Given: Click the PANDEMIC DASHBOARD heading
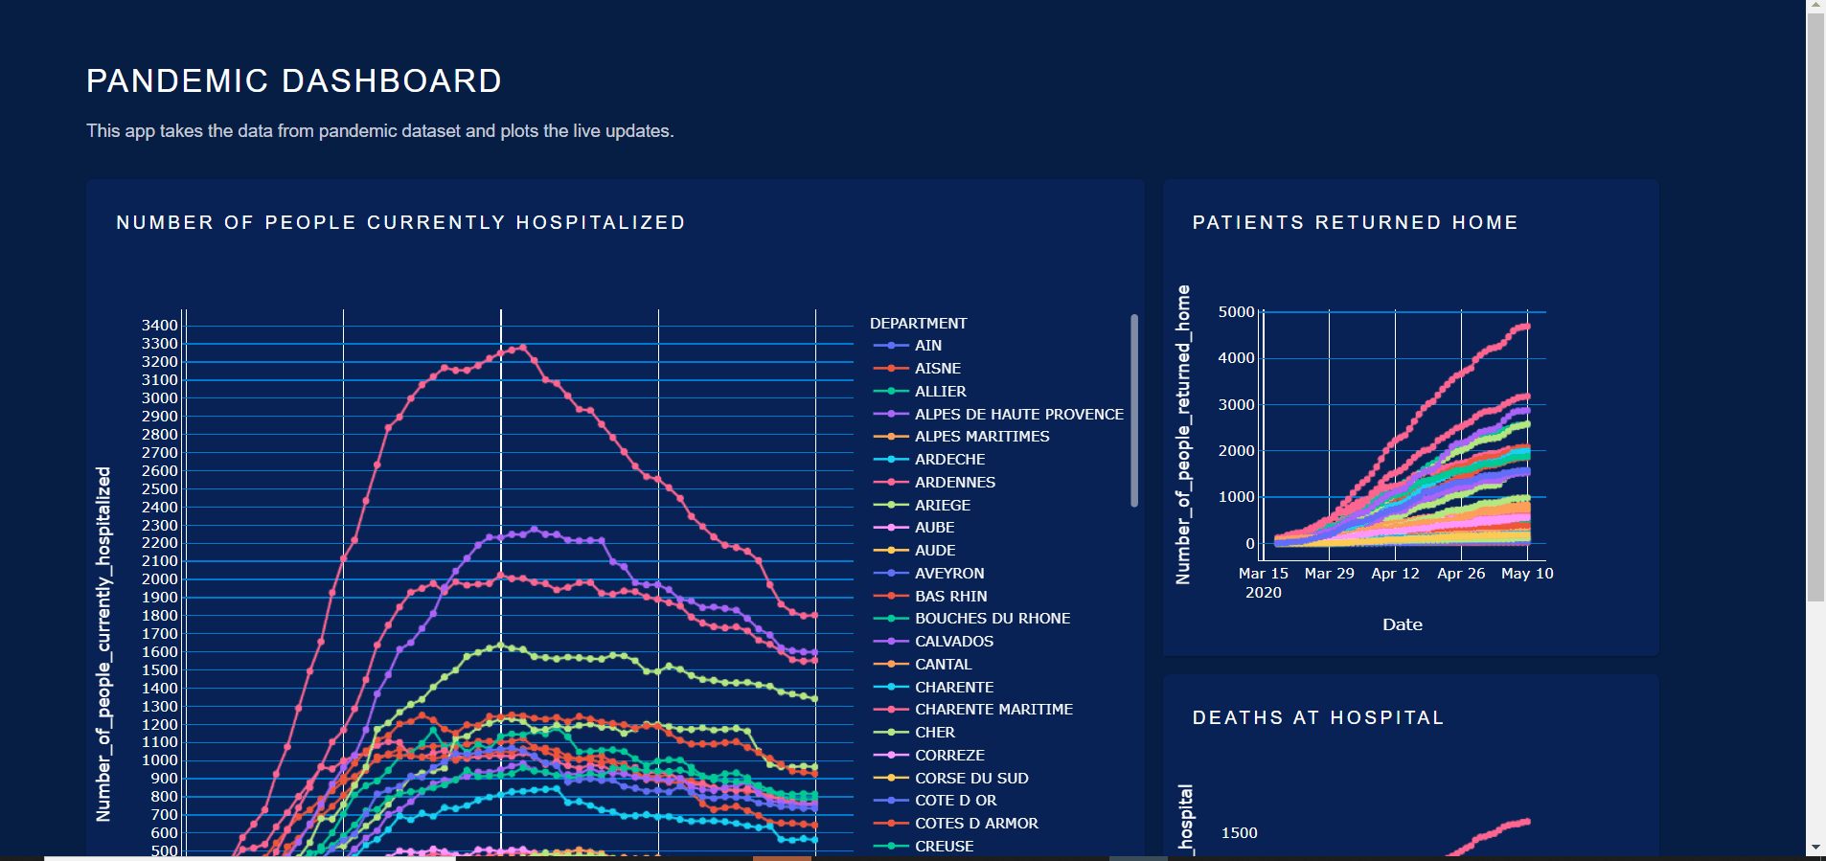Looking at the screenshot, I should [294, 81].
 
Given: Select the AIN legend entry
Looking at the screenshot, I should [927, 346].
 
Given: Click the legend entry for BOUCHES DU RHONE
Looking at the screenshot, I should [992, 619].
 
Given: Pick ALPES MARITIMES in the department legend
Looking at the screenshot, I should [981, 437].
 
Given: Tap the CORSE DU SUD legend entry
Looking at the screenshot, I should [970, 779].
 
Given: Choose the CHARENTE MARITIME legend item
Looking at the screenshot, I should [993, 710].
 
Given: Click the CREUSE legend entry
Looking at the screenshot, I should [944, 847].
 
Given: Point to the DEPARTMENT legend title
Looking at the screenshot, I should [918, 324].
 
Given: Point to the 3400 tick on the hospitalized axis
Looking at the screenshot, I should [160, 326].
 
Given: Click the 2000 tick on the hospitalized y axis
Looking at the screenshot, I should [160, 579].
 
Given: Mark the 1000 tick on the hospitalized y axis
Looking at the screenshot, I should [160, 760].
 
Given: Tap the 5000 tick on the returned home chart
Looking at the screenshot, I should [1236, 312].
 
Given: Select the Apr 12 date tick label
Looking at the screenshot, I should [1395, 574].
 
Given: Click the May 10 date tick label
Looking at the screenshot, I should [1527, 574].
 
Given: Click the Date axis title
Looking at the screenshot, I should [1402, 624].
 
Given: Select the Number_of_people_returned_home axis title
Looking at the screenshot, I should [1183, 434].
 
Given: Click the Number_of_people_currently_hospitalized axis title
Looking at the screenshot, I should [103, 644].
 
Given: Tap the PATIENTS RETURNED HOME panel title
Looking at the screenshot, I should [1355, 223].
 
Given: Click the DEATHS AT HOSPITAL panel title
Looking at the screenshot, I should [1317, 718].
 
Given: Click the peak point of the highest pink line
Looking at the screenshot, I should [522, 347].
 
